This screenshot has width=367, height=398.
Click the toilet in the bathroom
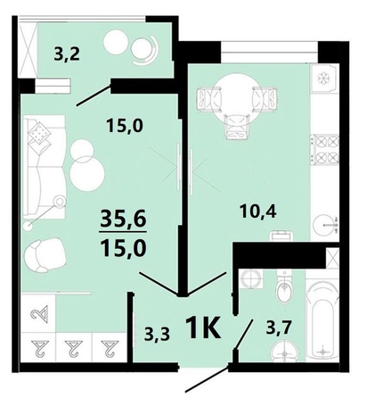click(x=284, y=291)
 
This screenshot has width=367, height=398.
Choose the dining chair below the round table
click(x=233, y=130)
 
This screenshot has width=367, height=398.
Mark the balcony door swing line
click(x=94, y=95)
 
